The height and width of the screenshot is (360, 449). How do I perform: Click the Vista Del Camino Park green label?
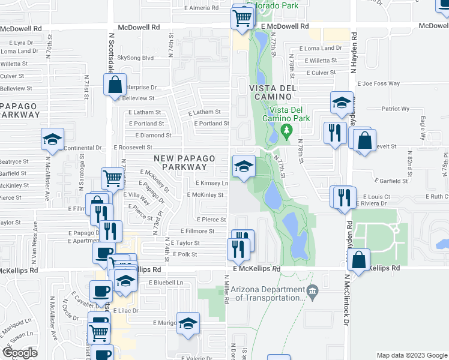(289, 113)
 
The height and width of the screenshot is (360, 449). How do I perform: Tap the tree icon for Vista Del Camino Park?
(286, 129)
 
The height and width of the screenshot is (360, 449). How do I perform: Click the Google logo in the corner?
(20, 353)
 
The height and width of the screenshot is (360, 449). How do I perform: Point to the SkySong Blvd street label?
(135, 58)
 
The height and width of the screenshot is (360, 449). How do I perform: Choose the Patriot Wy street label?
(396, 109)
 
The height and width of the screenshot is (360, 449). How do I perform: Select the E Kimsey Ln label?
(212, 183)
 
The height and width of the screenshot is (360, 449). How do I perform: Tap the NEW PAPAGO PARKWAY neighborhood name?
(184, 162)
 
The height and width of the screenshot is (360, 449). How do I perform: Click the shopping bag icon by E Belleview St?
(115, 85)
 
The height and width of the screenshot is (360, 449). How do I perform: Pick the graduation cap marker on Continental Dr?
(52, 140)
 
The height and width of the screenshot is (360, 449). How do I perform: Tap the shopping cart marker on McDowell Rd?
(241, 18)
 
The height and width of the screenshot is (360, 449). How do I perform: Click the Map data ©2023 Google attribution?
(411, 355)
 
